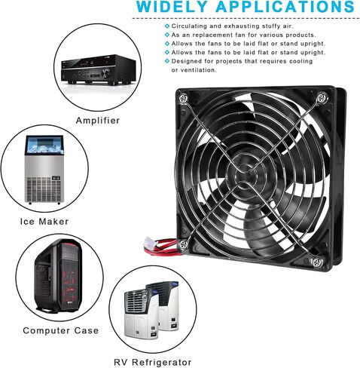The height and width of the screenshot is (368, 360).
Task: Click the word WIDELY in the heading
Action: coord(172,7)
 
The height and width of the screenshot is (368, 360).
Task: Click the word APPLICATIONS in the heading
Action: coord(285,7)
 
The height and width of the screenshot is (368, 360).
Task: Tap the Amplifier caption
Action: coord(98,121)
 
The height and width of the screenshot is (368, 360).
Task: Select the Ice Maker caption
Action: coord(44,222)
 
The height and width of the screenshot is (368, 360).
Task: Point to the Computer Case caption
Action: coord(61,330)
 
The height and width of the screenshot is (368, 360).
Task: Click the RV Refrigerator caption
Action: coord(153,362)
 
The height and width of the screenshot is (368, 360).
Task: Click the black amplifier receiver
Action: coord(99,69)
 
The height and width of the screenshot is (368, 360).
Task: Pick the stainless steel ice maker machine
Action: coord(44,170)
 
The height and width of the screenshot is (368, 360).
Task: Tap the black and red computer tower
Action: coord(59,277)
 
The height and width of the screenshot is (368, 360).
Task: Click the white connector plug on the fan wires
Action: coord(148,244)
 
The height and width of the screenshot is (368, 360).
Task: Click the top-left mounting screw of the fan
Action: coord(183,97)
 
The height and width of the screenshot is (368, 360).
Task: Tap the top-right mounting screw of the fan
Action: coord(322,97)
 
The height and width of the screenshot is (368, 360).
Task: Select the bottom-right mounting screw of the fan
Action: coord(317,262)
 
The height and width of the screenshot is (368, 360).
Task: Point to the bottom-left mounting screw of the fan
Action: coord(184,244)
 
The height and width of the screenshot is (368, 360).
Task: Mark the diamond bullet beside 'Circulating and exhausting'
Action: coord(167,26)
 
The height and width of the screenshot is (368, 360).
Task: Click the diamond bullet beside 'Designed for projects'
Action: coord(167,61)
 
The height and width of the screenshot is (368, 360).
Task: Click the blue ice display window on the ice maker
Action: coord(44,145)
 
